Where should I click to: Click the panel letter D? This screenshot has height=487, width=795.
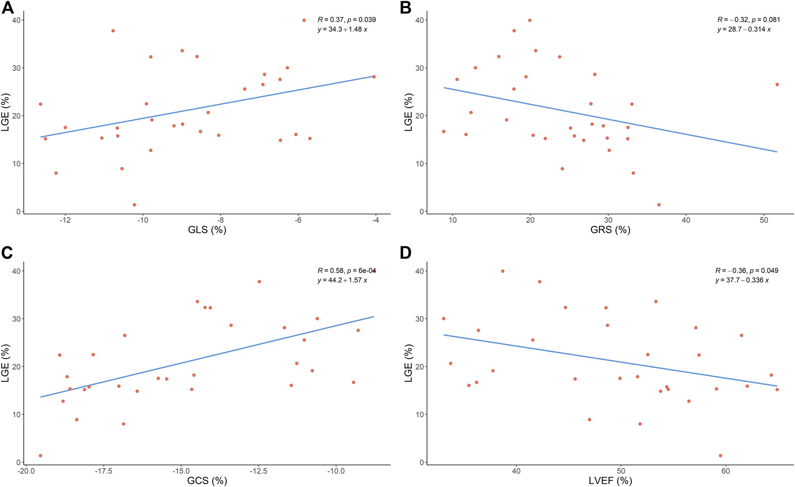tap(406, 253)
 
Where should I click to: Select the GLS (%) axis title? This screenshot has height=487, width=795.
tap(207, 230)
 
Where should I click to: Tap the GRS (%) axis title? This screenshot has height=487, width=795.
tap(610, 230)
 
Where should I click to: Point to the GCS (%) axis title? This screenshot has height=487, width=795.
tap(207, 481)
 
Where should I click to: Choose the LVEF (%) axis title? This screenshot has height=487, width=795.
tap(610, 481)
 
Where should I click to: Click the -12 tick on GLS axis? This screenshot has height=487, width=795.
tap(66, 221)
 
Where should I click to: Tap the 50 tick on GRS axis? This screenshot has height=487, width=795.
tap(764, 221)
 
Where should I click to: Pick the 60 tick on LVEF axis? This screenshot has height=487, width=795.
tap(725, 471)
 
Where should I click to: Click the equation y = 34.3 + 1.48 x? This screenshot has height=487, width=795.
tap(342, 30)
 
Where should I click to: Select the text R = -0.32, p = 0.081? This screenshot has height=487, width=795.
tap(748, 20)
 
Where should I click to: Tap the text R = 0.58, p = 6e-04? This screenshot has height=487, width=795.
tap(346, 271)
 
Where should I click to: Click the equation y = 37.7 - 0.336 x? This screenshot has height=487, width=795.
tap(742, 281)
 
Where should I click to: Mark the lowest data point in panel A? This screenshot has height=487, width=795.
tap(134, 205)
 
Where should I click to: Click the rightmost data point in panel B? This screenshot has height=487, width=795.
tap(777, 84)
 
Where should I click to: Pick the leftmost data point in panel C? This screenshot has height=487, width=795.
tap(40, 456)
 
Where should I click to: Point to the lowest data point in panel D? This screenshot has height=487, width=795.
tap(721, 456)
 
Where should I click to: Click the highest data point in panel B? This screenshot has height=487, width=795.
tap(530, 20)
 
